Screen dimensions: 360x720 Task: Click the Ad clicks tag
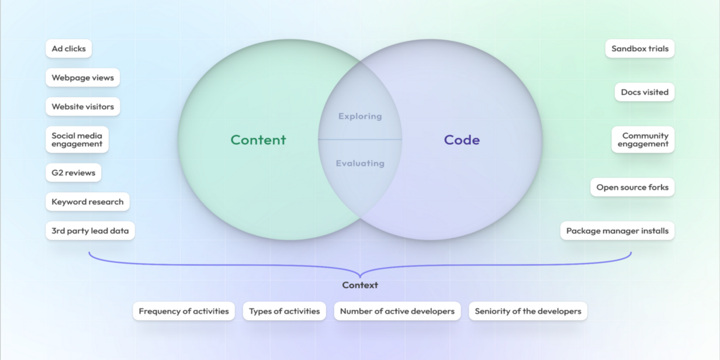68,49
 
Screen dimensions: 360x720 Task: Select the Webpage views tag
82,78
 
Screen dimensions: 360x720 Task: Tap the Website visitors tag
82,107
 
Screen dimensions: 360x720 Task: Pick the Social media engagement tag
77,140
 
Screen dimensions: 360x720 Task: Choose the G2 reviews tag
73,172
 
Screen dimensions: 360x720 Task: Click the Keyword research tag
87,202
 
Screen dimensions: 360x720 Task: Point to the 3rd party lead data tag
90,231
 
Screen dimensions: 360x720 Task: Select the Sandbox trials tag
639,49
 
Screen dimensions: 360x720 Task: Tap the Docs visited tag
644,92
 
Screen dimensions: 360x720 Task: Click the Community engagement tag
643,140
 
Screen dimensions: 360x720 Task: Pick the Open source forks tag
632,188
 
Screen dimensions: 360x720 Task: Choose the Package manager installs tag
617,231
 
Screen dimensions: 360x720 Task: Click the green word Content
258,140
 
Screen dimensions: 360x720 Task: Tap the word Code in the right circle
462,140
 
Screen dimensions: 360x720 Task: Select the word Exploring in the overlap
360,116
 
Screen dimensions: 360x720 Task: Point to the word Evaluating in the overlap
360,164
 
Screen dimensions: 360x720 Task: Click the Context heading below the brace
360,285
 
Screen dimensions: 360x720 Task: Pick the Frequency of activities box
184,311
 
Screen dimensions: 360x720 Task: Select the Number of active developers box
397,311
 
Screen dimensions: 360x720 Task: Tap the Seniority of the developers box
528,311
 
